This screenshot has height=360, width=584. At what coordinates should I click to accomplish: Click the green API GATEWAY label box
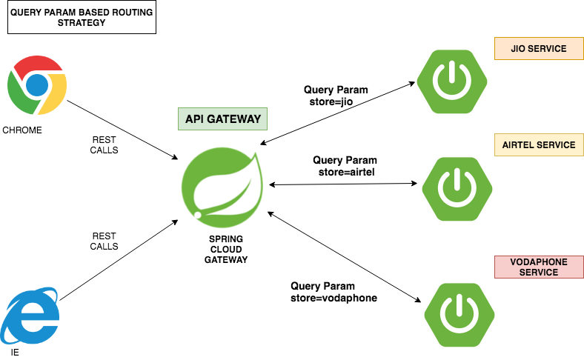(222, 119)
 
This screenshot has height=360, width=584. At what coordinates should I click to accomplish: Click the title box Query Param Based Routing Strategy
(82, 17)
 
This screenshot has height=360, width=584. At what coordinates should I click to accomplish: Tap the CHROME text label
(22, 131)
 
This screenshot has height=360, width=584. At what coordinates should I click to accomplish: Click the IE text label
(15, 353)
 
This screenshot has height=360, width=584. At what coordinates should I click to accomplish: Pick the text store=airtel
(344, 171)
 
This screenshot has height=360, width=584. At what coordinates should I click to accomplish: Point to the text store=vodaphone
(334, 298)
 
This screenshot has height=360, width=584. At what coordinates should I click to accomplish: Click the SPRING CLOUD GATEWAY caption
(226, 249)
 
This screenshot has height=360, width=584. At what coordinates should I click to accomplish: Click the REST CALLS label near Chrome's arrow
(104, 144)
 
